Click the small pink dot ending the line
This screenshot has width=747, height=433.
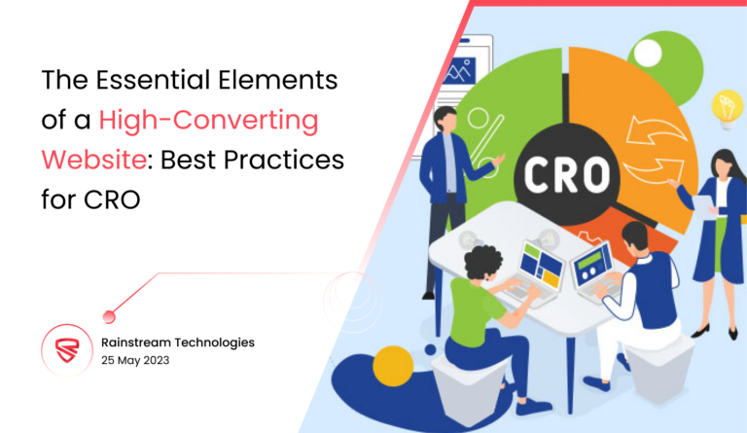click(x=109, y=315)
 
